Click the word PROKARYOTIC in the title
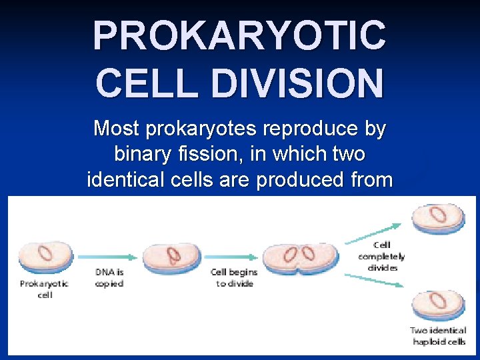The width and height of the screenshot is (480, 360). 239,36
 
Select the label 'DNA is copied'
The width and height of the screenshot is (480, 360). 109,278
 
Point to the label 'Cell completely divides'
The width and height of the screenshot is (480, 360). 381,257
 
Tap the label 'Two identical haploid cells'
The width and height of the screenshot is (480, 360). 437,337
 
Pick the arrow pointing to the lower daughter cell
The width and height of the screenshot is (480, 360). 375,281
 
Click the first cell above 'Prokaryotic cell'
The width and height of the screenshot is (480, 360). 45,257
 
